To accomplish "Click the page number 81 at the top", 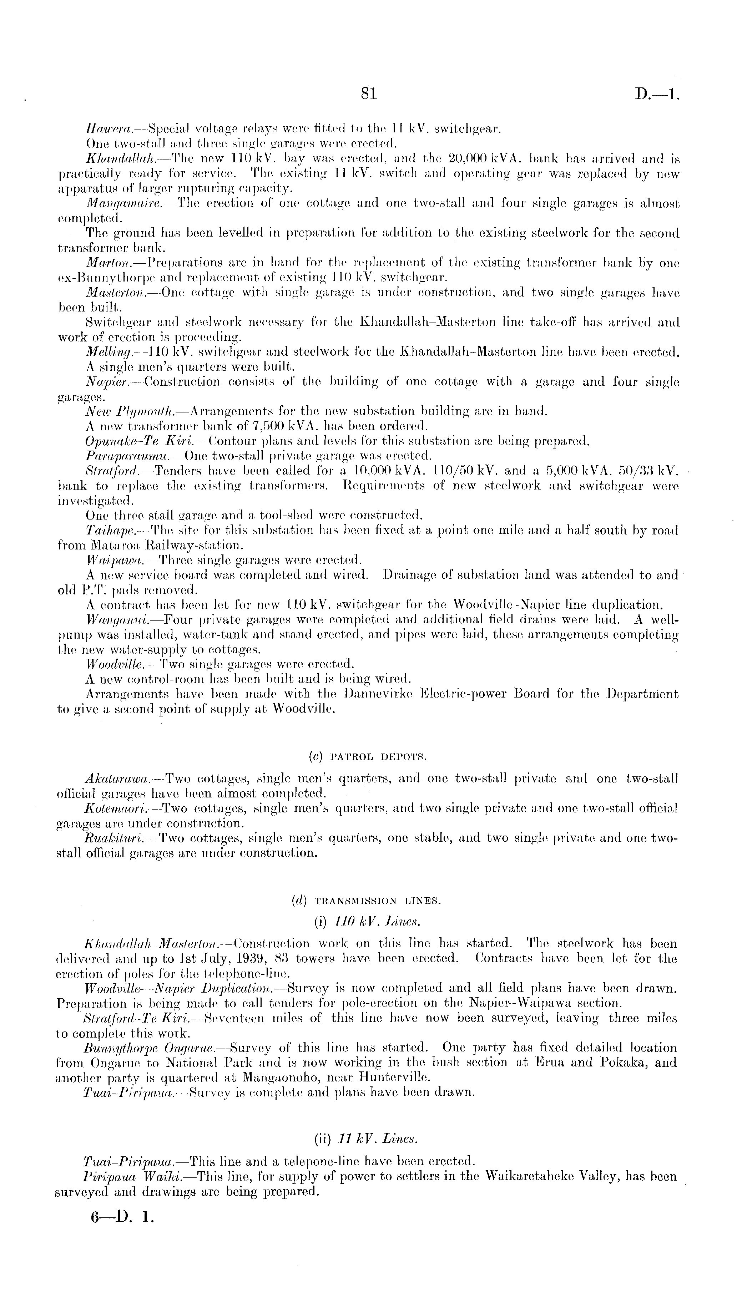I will coord(368,93).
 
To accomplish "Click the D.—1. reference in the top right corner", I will coord(657,94).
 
